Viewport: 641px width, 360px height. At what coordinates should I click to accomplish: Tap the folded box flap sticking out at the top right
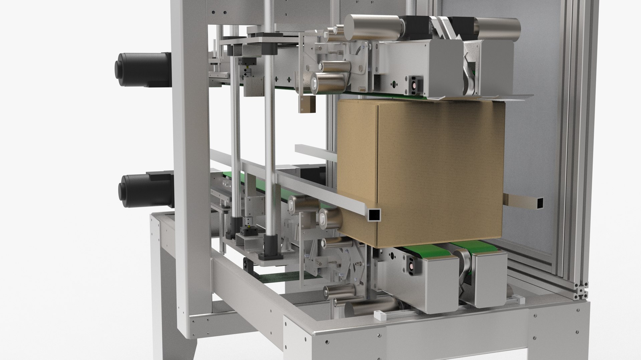click(511, 97)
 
